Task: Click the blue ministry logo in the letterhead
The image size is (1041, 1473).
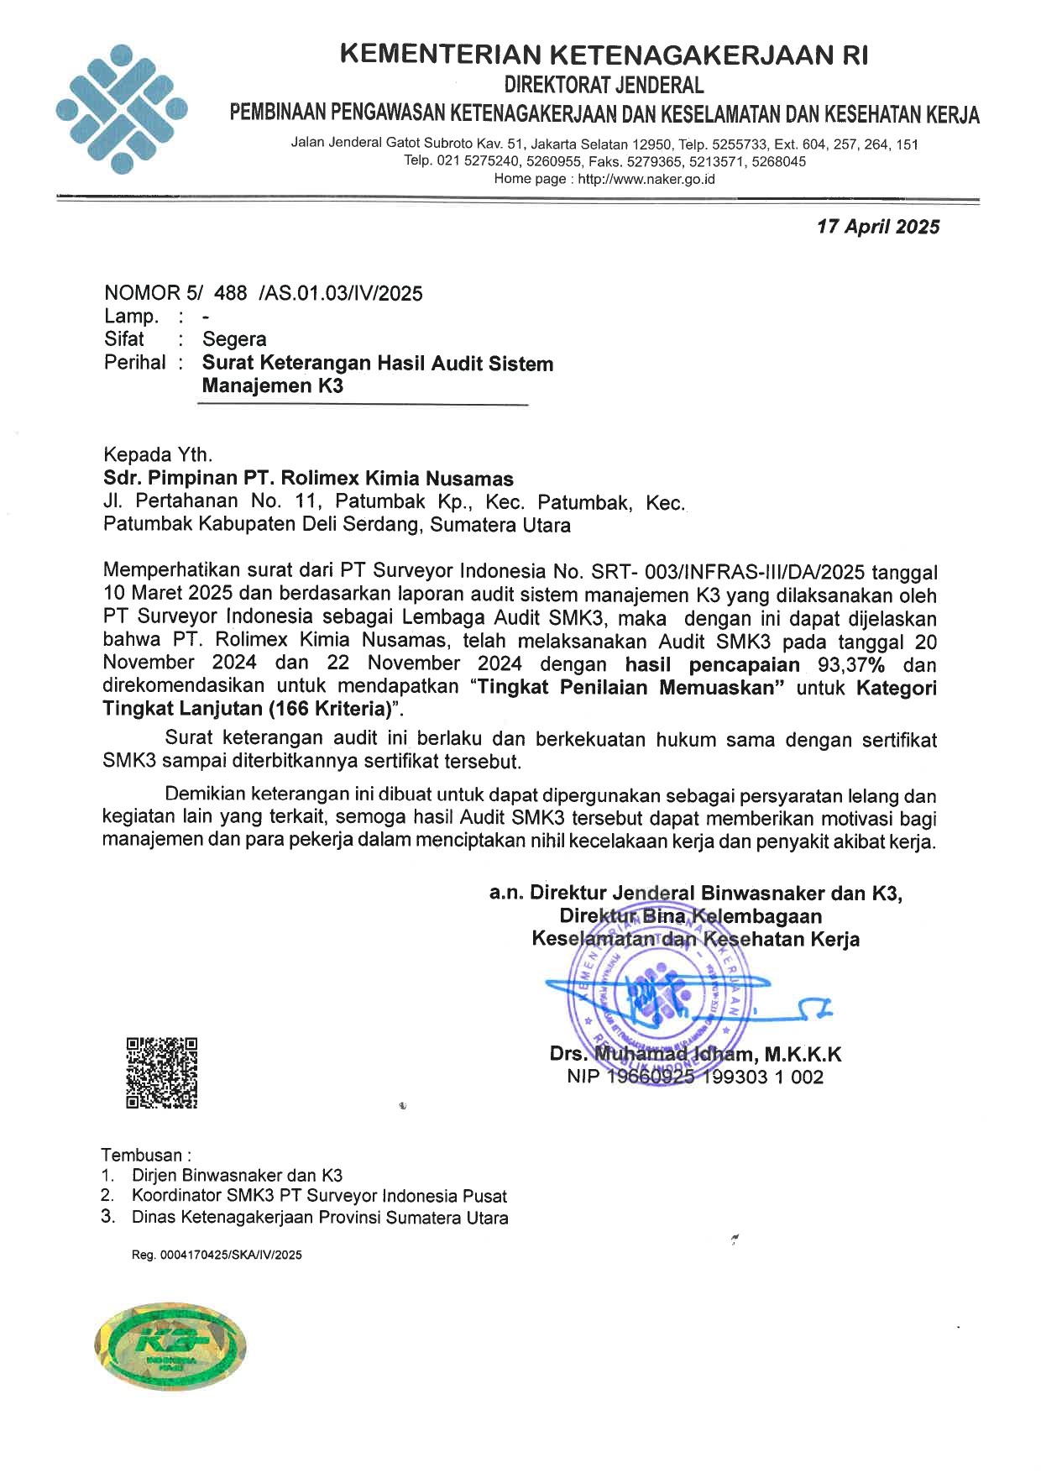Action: coord(121,108)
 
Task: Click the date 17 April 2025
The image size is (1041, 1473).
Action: coord(878,227)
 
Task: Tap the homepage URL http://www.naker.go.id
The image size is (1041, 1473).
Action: coord(646,179)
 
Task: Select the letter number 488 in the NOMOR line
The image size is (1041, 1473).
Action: coord(231,293)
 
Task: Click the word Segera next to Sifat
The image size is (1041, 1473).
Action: coord(234,339)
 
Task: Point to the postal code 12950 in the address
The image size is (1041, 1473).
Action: coord(651,144)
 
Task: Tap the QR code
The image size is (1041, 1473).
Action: coord(162,1072)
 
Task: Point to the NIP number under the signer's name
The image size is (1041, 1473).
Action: coord(695,1077)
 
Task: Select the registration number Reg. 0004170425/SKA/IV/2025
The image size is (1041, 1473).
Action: coord(216,1255)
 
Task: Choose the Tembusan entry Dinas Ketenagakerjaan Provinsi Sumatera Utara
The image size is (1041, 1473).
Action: coord(320,1218)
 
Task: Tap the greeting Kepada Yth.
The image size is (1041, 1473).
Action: coord(158,455)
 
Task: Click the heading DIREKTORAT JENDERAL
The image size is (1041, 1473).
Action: coord(604,85)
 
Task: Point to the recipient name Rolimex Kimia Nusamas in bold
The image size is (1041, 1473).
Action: coord(396,480)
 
